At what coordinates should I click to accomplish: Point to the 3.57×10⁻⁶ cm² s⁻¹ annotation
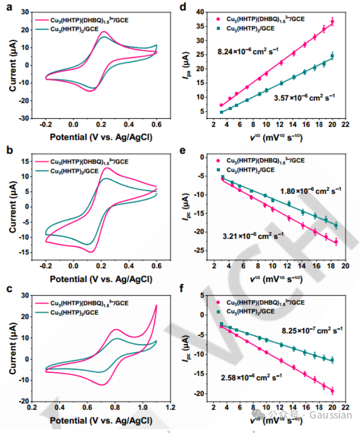click(304, 98)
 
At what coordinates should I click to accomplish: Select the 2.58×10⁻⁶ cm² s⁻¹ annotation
click(252, 376)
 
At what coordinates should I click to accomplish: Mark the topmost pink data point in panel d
click(332, 22)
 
